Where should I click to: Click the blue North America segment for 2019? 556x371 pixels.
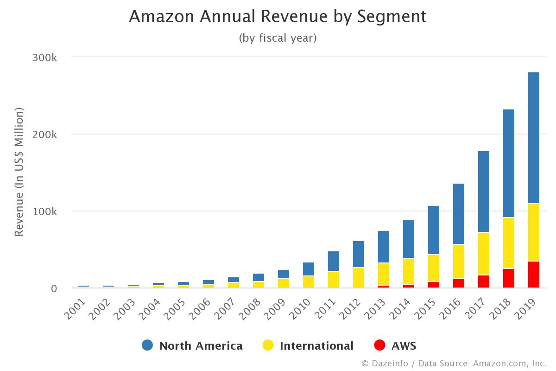(534, 138)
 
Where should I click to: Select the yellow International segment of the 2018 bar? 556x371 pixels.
(509, 243)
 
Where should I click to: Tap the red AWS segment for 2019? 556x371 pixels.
(534, 275)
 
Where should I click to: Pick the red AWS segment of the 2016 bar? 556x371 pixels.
(459, 283)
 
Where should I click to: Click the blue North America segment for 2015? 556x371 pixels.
(434, 230)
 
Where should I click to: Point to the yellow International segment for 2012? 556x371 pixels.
(359, 277)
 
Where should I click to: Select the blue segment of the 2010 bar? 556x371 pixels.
(309, 269)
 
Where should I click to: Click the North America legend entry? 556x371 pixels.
(201, 345)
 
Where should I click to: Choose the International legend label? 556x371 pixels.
(316, 345)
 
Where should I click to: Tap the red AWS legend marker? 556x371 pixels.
(380, 345)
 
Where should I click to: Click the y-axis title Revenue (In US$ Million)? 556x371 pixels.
(19, 172)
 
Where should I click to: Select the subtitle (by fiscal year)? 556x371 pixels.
(278, 38)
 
